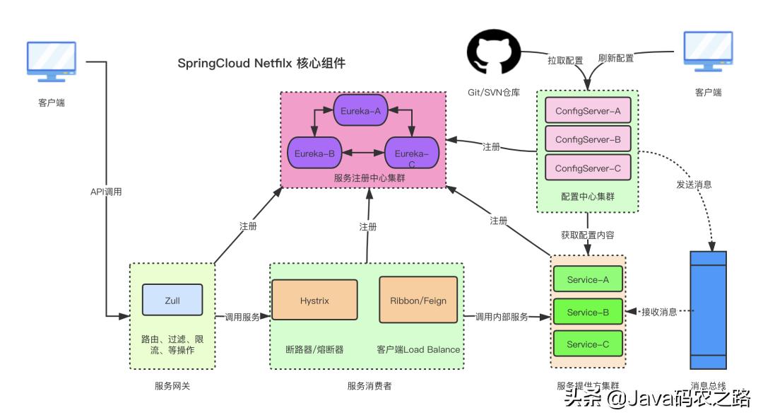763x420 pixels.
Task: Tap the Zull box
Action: coord(172,300)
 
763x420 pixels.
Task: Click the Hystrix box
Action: coord(315,300)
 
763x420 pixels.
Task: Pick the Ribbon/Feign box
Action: coord(418,300)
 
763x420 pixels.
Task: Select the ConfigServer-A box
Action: coord(588,110)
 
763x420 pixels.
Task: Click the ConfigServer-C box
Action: coord(588,168)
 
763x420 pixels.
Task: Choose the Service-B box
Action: coord(588,312)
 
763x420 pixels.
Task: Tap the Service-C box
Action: coord(588,344)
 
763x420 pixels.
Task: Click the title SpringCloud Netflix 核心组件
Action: coord(261,63)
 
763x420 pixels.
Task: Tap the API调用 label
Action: coord(106,192)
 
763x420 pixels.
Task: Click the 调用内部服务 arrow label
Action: coord(502,317)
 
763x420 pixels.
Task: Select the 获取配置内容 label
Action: coord(588,234)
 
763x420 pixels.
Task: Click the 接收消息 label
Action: coord(659,312)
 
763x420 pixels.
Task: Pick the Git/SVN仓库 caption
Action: coord(494,93)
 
